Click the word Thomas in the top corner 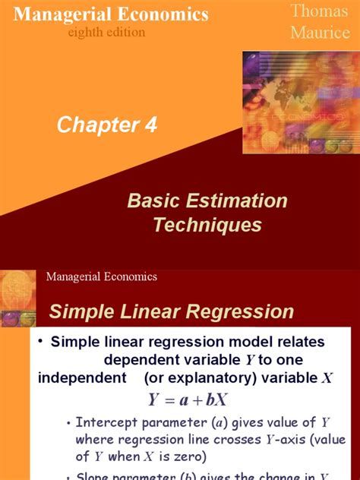pos(317,11)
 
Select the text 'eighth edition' pos(106,33)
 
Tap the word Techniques pos(207,225)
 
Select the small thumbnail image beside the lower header pos(18,297)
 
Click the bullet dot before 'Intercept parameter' pos(68,424)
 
